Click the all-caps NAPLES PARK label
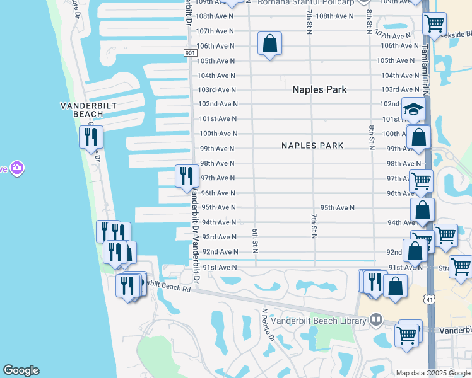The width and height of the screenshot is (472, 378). (x=312, y=146)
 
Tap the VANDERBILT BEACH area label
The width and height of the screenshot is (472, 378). (x=81, y=110)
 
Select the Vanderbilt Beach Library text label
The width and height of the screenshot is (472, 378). (x=319, y=321)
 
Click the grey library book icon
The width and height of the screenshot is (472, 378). (x=376, y=320)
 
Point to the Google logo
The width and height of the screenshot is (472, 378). (x=21, y=370)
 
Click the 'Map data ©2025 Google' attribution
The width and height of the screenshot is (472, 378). (x=433, y=373)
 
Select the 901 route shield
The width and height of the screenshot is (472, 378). (x=189, y=53)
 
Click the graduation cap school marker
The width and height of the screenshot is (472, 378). (x=413, y=110)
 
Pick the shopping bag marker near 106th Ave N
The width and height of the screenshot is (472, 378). (x=269, y=44)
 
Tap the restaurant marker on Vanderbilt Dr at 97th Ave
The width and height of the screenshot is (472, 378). (x=187, y=176)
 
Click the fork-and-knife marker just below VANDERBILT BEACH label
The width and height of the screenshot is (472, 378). (x=91, y=136)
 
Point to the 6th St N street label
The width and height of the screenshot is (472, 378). (x=256, y=241)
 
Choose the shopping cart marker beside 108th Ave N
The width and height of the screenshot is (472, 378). (x=434, y=24)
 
